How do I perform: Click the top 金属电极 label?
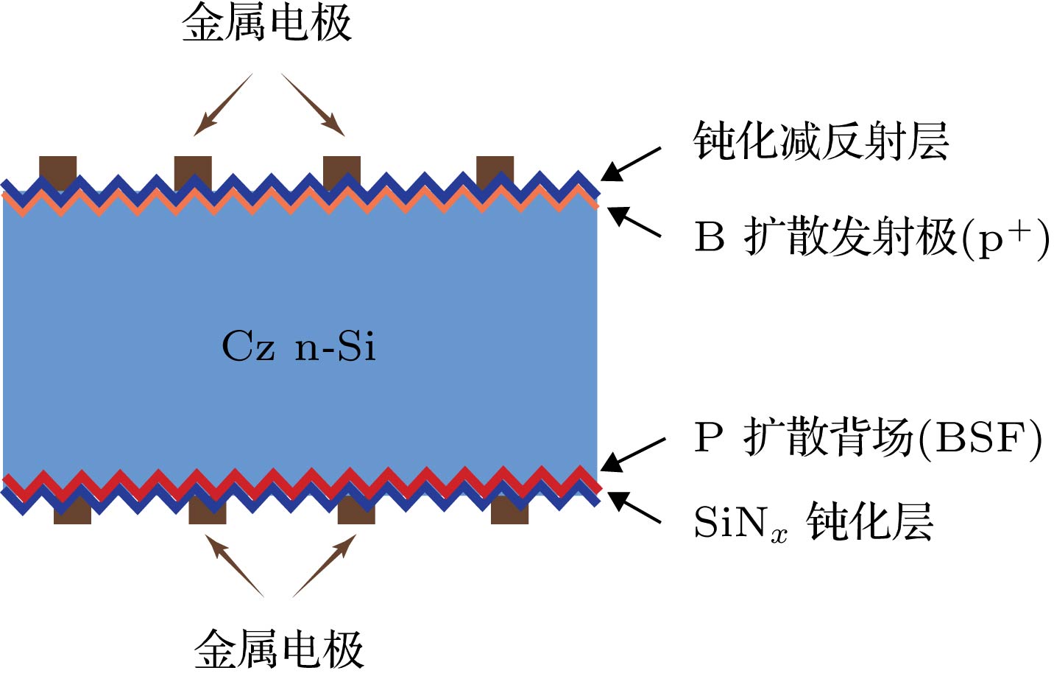pyautogui.click(x=266, y=23)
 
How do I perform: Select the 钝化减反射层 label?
pyautogui.click(x=821, y=141)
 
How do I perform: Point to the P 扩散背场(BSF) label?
pyautogui.click(x=868, y=437)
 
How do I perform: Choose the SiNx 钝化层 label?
pyautogui.click(x=813, y=522)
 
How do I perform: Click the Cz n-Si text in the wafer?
pyautogui.click(x=298, y=346)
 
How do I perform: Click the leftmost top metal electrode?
pyautogui.click(x=57, y=168)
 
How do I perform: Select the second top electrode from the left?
pyautogui.click(x=193, y=168)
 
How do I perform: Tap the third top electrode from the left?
pyautogui.click(x=342, y=168)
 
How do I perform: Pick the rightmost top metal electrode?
pyautogui.click(x=495, y=168)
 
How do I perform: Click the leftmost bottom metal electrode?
pyautogui.click(x=72, y=513)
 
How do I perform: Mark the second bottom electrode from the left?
pyautogui.click(x=208, y=513)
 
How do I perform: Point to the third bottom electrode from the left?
pyautogui.click(x=356, y=513)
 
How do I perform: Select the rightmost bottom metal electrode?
pyautogui.click(x=509, y=513)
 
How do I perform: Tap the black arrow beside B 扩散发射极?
pyautogui.click(x=634, y=222)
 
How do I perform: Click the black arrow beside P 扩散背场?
pyautogui.click(x=633, y=454)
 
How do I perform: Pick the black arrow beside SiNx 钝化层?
pyautogui.click(x=634, y=507)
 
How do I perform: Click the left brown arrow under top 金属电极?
pyautogui.click(x=223, y=105)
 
